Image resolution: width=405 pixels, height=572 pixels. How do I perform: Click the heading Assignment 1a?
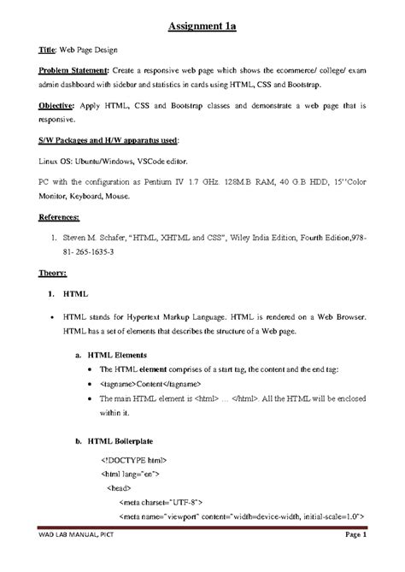(201, 27)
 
